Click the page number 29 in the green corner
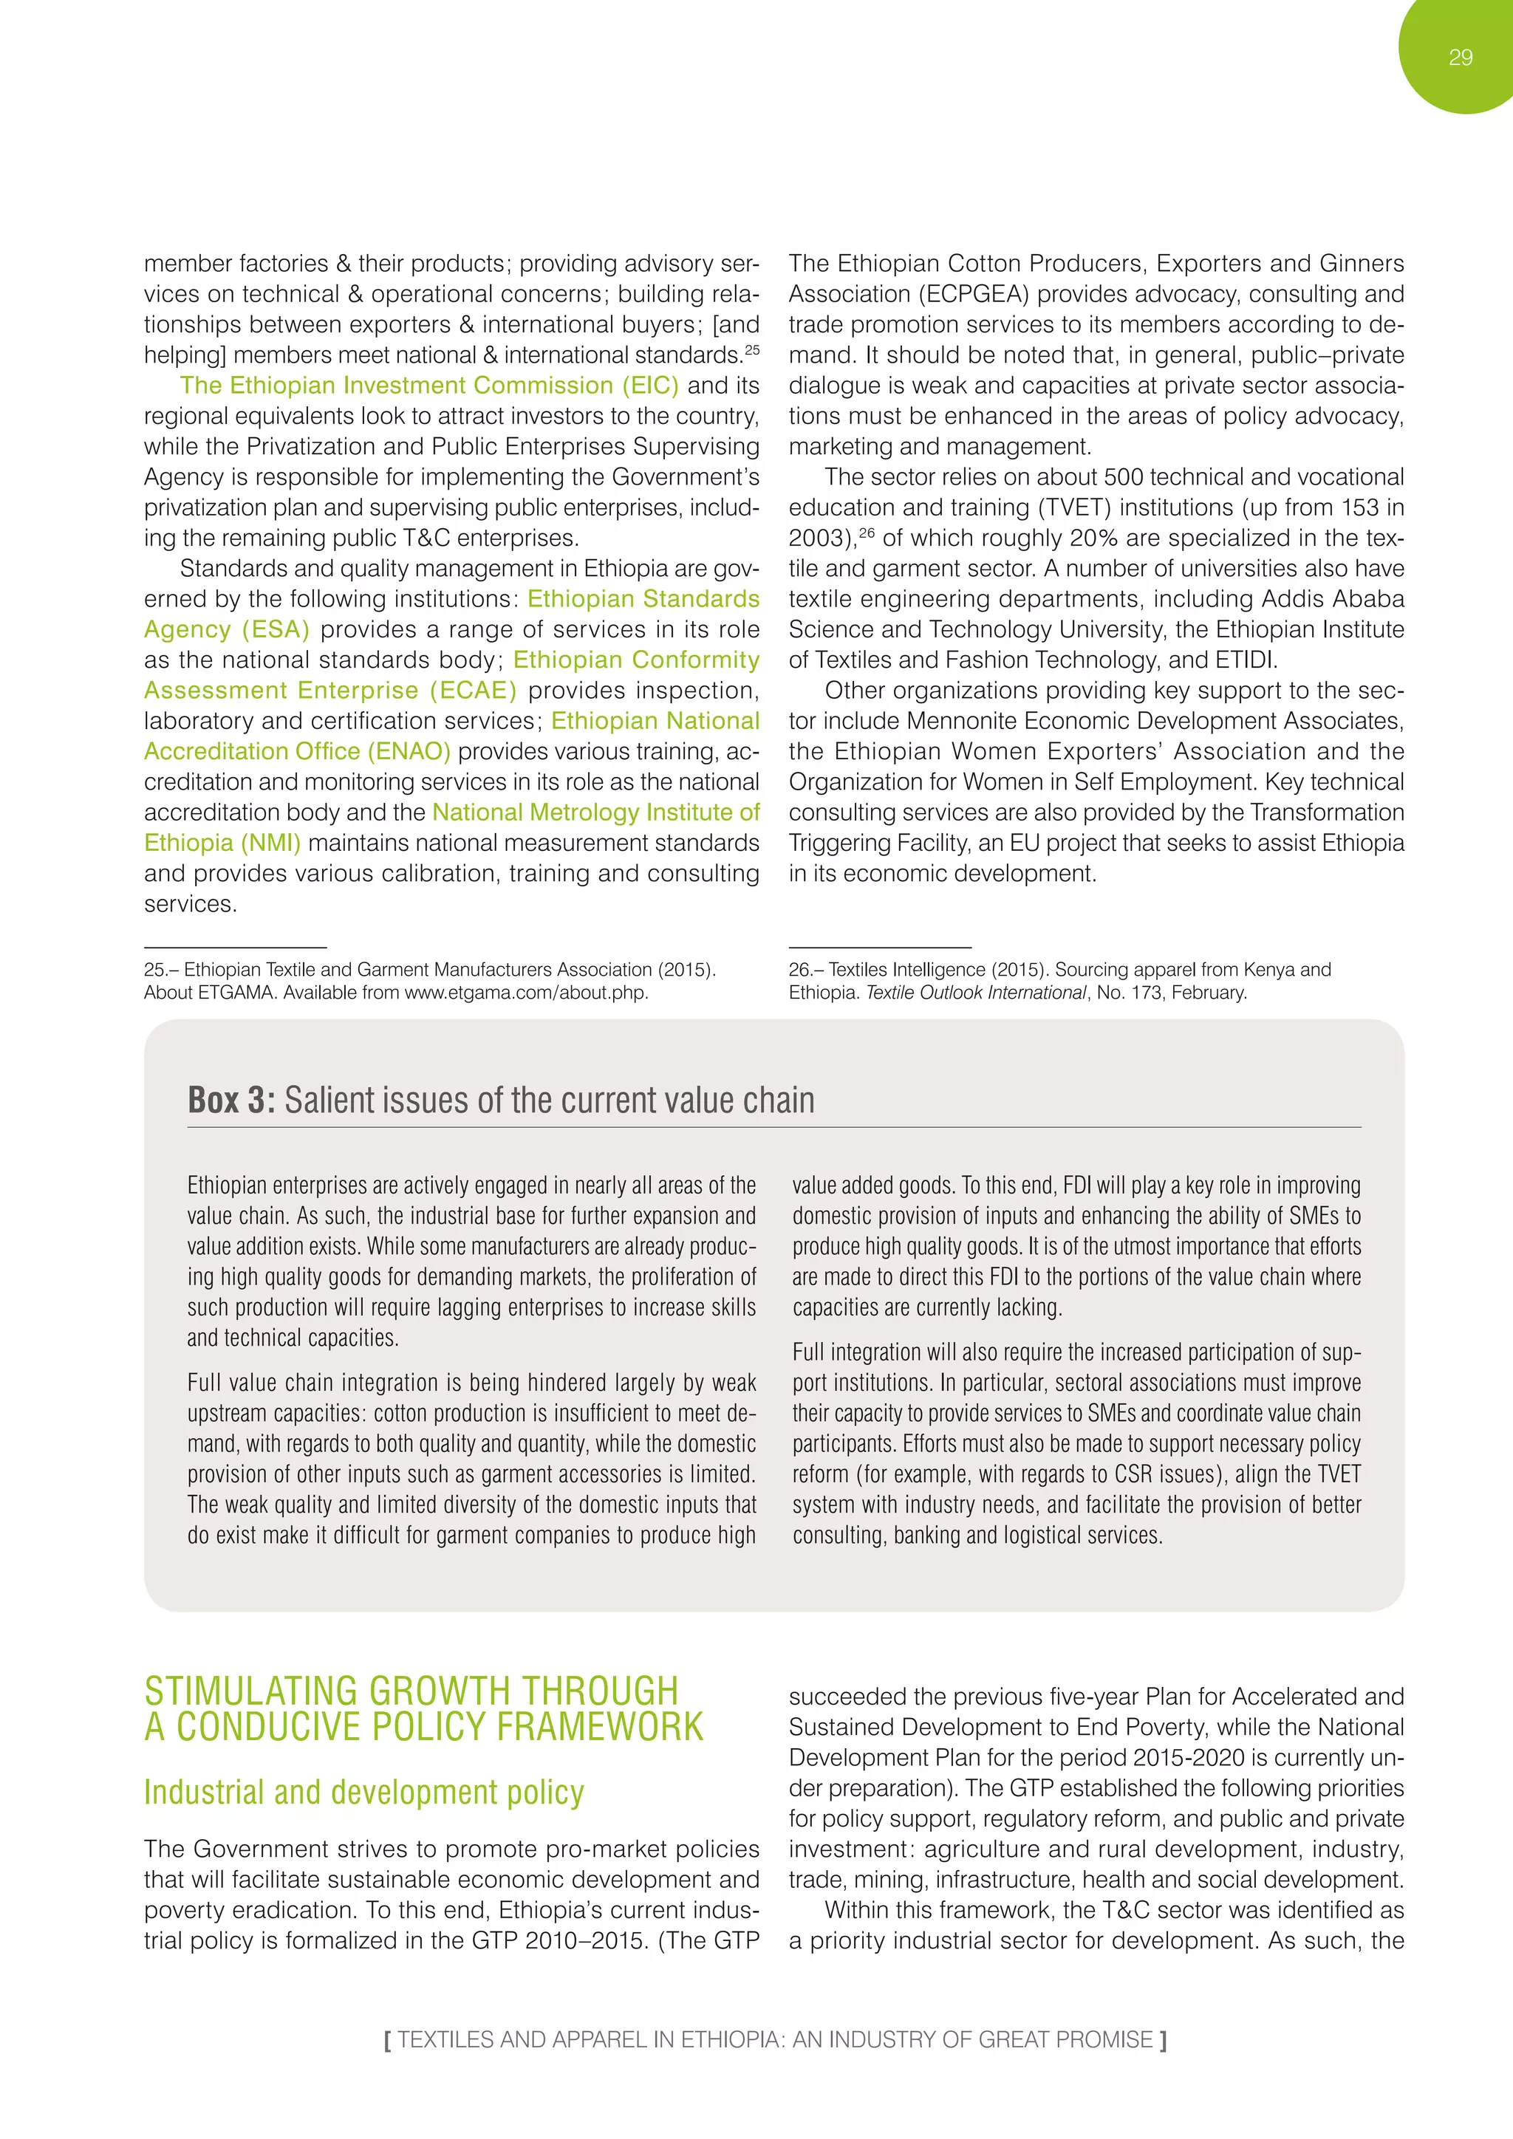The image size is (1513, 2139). (x=1460, y=58)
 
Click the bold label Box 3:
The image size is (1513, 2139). (x=231, y=1101)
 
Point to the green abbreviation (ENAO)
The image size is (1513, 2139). (x=408, y=751)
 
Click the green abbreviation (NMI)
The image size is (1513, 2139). (x=271, y=842)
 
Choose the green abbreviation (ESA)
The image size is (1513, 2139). (x=276, y=630)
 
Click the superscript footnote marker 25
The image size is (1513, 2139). (x=752, y=349)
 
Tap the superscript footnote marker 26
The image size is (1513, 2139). (x=867, y=533)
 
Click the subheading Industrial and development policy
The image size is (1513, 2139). (x=364, y=1793)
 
